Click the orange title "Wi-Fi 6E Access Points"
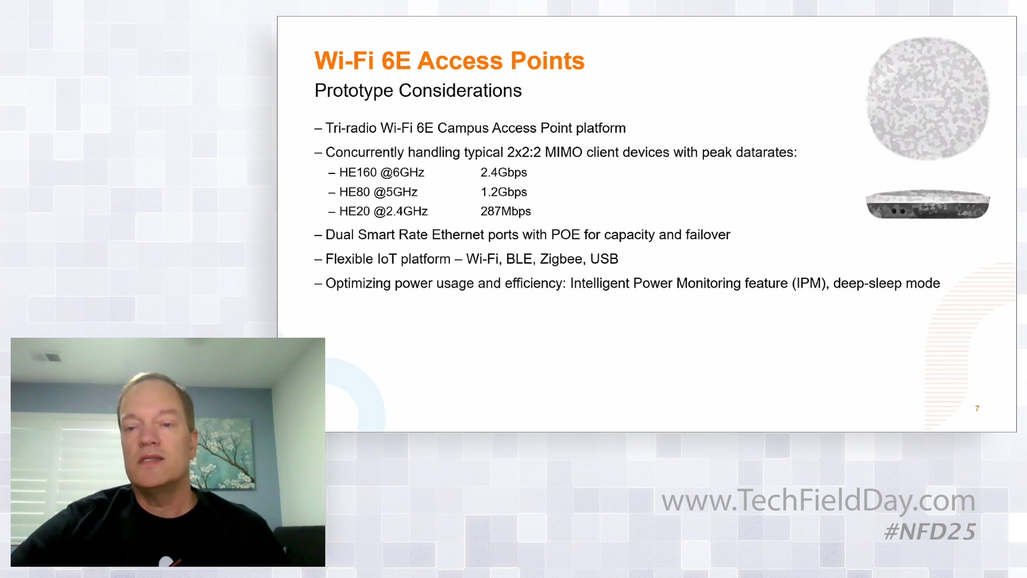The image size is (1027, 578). [x=449, y=60]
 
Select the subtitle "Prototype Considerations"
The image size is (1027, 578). [x=418, y=91]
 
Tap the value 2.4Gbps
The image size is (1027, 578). [x=504, y=173]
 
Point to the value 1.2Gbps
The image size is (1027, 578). [x=504, y=192]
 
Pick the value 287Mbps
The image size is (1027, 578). [x=505, y=211]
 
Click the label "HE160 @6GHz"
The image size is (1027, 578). [x=382, y=173]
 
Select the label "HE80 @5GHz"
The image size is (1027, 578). [x=378, y=192]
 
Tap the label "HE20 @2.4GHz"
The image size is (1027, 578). [x=383, y=211]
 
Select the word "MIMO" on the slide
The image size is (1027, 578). [x=564, y=152]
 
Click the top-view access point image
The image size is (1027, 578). [x=928, y=98]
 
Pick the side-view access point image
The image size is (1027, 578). [x=928, y=204]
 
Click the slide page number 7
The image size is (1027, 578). [x=977, y=408]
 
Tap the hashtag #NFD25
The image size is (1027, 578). [x=930, y=532]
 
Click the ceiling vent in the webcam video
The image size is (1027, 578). [x=46, y=357]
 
